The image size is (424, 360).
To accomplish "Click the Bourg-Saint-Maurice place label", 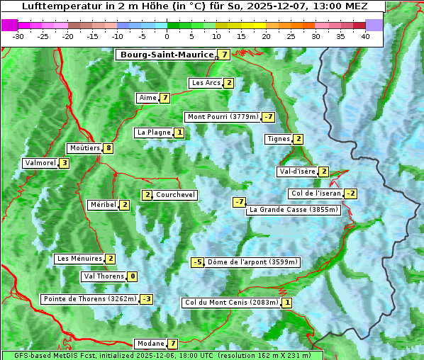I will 167,55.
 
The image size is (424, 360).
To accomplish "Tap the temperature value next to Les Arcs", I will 228,83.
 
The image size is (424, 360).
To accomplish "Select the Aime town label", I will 147,98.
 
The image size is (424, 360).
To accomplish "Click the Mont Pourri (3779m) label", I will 222,117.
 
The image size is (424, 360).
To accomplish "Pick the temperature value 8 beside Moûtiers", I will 108,148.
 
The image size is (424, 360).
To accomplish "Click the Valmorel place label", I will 40,163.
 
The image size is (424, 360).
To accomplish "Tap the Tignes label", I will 278,139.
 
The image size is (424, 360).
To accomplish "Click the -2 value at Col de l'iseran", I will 350,193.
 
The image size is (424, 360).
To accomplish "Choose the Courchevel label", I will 175,195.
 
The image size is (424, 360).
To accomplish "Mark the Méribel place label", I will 103,205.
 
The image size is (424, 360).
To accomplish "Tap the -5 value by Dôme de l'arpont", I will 198,262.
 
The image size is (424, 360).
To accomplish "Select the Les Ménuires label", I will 79,259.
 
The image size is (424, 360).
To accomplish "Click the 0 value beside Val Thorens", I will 133,276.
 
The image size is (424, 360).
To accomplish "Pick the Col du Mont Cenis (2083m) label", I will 230,303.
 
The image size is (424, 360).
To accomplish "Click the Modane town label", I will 150,344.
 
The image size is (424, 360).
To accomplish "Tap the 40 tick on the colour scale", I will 365,36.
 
